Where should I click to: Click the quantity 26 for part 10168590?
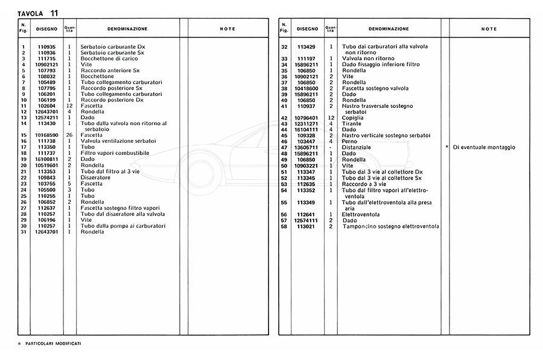point(69,135)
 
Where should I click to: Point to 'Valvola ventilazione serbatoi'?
point(118,141)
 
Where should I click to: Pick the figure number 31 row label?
point(24,232)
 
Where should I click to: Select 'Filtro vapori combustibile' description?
point(115,153)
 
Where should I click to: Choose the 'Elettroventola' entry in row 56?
point(361,214)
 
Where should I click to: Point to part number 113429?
point(306,47)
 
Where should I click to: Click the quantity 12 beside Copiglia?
point(331,118)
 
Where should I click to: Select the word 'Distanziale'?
point(357,148)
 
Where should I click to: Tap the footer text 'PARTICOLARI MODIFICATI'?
point(53,343)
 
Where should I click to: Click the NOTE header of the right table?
point(489,29)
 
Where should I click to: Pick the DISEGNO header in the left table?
point(46,29)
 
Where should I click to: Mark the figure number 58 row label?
point(284,226)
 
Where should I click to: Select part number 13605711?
point(306,148)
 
